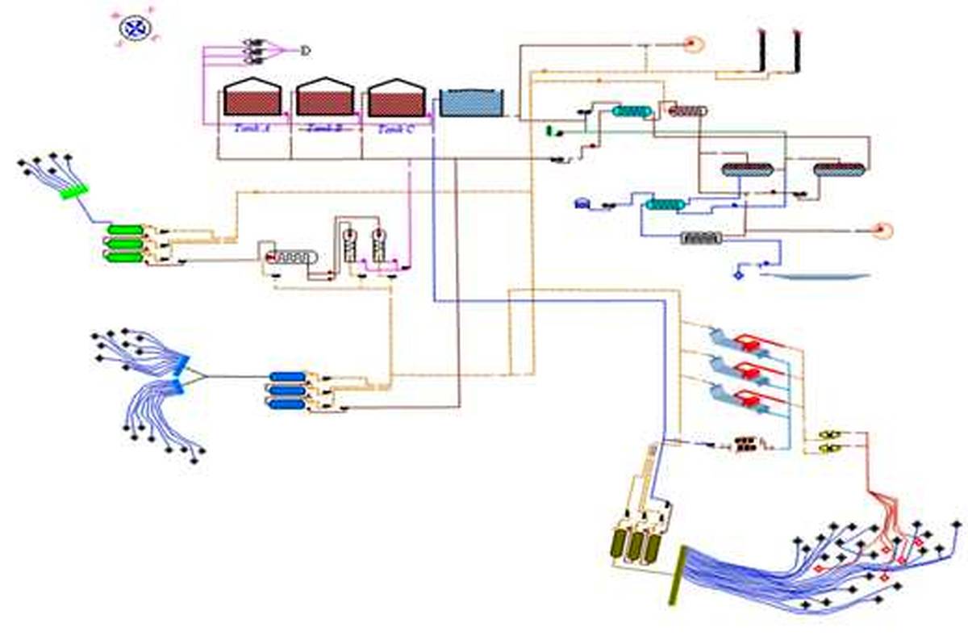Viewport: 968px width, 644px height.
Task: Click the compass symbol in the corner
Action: click(136, 28)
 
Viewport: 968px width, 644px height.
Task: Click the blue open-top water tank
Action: click(471, 102)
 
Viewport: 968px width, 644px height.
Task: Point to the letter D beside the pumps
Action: click(305, 51)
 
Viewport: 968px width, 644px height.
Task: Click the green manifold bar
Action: click(74, 193)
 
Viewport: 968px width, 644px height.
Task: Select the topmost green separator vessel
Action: click(125, 231)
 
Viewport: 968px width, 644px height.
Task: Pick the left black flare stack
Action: click(761, 52)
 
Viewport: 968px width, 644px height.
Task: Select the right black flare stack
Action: click(798, 52)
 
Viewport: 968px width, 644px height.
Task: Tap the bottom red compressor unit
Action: click(751, 398)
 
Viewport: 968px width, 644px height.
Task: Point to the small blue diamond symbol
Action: click(737, 275)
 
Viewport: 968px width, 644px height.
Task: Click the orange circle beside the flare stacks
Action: click(691, 44)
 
